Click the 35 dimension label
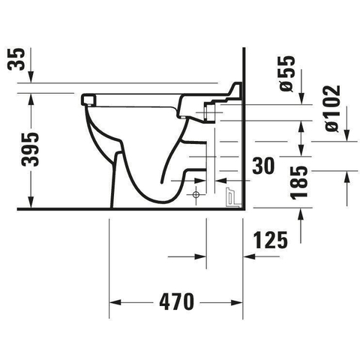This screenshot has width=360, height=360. tap(16, 59)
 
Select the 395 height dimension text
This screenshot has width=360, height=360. tap(30, 149)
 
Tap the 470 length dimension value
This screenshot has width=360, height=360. tap(176, 301)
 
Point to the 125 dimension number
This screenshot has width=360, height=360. tap(271, 240)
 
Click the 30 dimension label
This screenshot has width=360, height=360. tap(263, 166)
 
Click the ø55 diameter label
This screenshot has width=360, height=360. tap(286, 73)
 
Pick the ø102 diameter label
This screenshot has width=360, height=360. tap(332, 109)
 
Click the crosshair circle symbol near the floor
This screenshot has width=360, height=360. tap(196, 194)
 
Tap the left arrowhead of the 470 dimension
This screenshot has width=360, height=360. tap(115, 302)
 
